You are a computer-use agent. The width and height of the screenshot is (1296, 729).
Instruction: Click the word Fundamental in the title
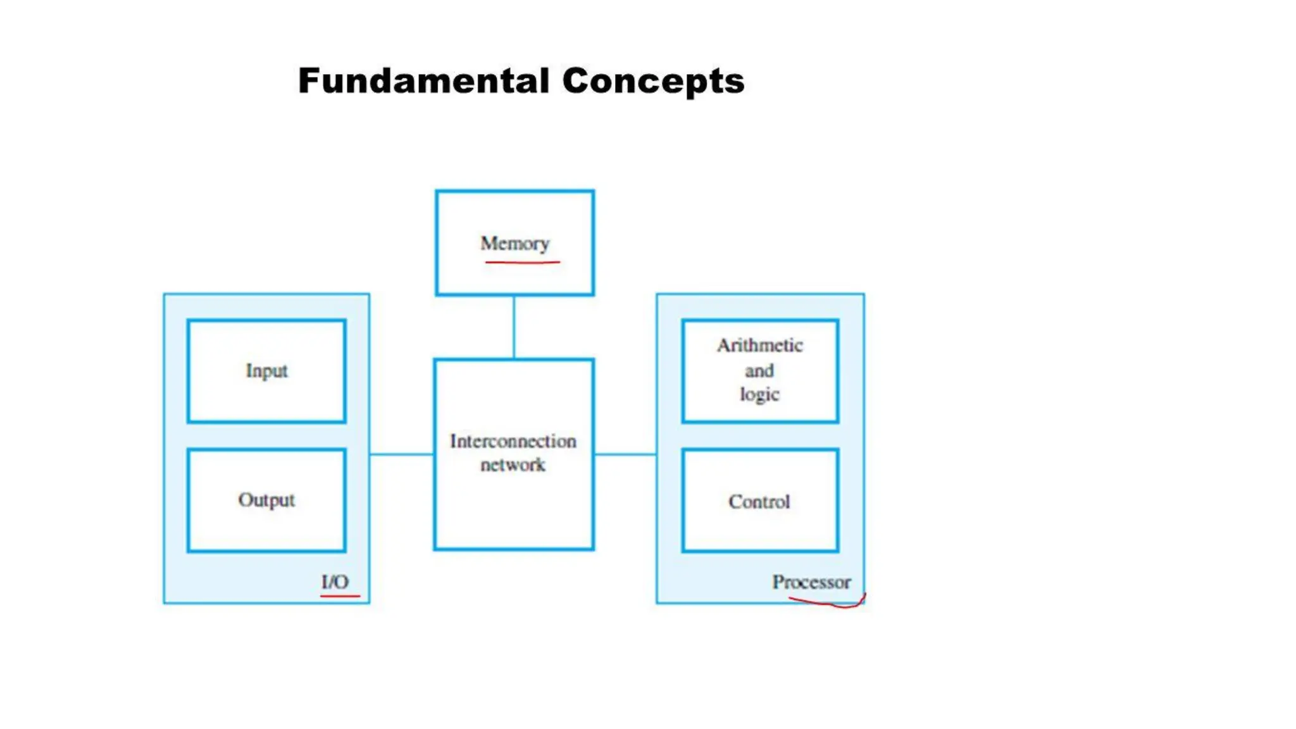pos(423,81)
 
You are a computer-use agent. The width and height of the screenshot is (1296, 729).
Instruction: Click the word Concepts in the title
pos(653,81)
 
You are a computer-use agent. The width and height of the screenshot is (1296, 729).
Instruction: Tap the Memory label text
pos(514,244)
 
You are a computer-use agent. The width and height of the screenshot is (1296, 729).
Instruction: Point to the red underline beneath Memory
pos(522,261)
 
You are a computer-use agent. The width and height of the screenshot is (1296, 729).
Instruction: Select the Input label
pos(266,371)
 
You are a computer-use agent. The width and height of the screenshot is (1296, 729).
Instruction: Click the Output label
pos(266,500)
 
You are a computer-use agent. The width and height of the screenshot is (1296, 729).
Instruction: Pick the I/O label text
pos(335,582)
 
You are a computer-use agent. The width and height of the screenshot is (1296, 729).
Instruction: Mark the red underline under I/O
pos(340,595)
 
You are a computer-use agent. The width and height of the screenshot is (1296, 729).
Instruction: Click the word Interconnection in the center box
pos(513,441)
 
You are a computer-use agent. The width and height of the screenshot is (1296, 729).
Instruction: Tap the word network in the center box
pos(513,465)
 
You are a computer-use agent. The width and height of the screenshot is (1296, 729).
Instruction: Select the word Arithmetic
pos(760,346)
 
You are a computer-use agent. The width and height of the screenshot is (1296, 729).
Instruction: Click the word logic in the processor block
pos(759,394)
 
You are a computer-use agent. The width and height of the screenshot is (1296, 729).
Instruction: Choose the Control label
pos(759,502)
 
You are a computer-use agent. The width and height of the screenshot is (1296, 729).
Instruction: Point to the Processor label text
pos(811,582)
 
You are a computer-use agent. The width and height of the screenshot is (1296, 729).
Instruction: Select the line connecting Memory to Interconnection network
pos(514,327)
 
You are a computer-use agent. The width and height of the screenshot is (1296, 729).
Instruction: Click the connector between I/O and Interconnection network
pos(402,454)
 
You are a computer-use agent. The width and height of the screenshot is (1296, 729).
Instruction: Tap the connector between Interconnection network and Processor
pos(625,454)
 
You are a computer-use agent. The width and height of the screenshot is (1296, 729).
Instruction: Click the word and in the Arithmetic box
pos(759,371)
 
